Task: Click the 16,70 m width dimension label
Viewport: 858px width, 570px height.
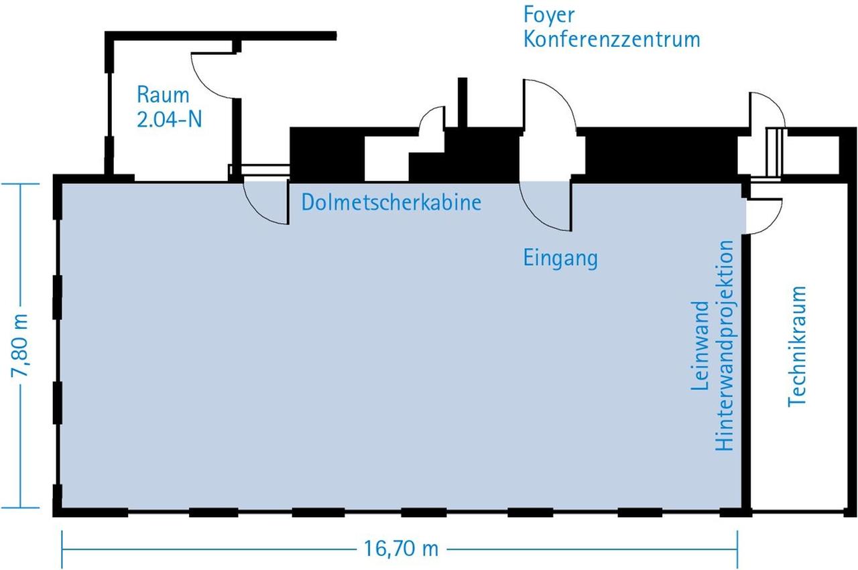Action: click(402, 549)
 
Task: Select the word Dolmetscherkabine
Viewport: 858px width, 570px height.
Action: click(391, 202)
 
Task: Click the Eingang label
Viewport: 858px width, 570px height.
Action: click(560, 258)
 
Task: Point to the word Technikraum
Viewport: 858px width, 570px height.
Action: click(797, 346)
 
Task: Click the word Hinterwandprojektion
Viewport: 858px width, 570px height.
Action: click(724, 346)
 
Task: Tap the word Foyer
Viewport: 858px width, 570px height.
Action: click(540, 15)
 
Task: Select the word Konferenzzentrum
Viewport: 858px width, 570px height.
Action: click(611, 39)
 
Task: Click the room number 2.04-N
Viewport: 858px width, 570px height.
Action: click(169, 119)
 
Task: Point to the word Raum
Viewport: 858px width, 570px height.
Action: click(163, 94)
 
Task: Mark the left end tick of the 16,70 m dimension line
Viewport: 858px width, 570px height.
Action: click(62, 549)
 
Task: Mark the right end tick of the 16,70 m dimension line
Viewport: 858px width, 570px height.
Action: click(737, 549)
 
